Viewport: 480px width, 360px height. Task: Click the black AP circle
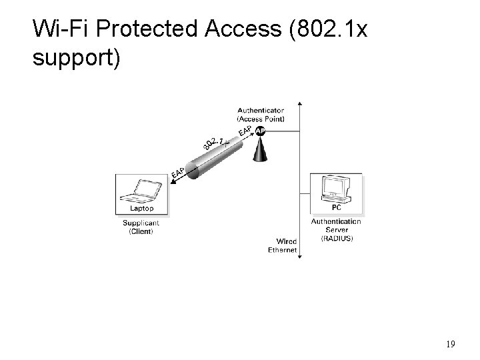(261, 131)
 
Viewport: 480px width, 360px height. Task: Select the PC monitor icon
(335, 189)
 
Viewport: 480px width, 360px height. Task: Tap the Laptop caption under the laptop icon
(141, 209)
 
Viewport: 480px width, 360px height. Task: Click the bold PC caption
(336, 208)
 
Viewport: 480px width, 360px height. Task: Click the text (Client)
(141, 231)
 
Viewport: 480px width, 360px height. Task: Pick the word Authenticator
(261, 110)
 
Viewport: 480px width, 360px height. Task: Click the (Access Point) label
(261, 119)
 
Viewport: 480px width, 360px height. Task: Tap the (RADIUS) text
(337, 238)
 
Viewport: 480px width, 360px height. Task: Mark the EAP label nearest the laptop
(178, 172)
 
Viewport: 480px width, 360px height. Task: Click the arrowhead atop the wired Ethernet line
(301, 104)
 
